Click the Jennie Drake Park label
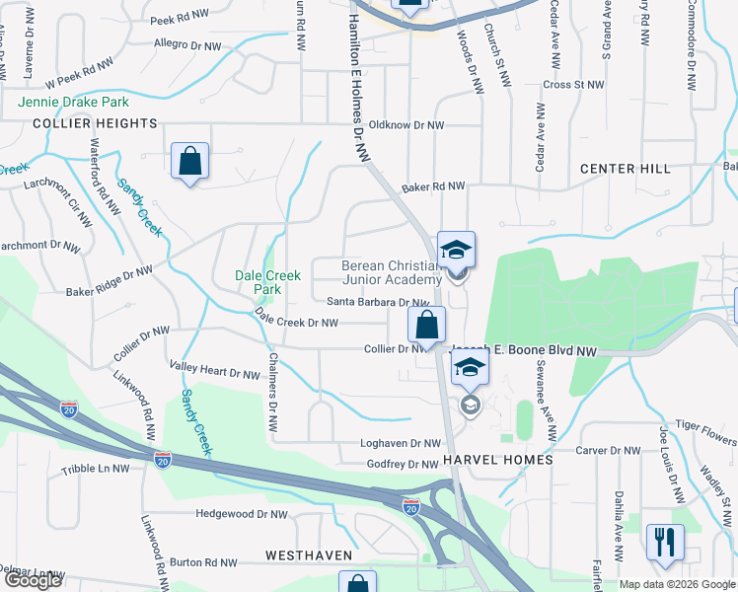(73, 102)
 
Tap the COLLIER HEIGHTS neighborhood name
(95, 123)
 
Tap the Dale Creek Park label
(267, 283)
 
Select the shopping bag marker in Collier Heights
(188, 161)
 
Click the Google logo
(33, 580)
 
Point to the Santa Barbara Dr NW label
(378, 303)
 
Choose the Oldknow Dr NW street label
(406, 125)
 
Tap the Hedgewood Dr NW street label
(242, 514)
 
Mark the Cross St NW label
(566, 85)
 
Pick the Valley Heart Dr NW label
(215, 373)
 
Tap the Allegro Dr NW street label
(188, 44)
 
